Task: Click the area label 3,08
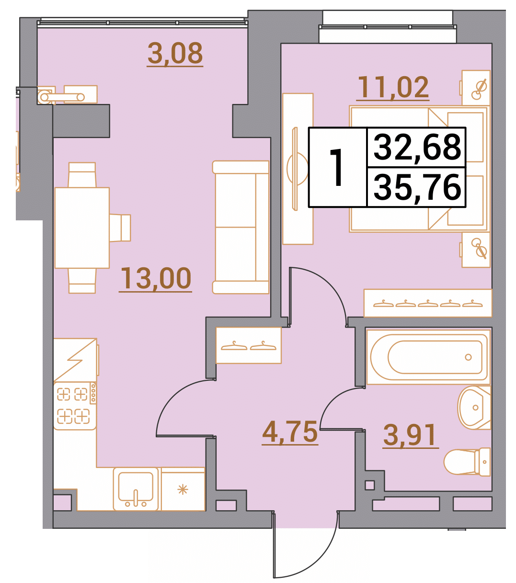coord(175,53)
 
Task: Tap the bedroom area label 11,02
coord(393,87)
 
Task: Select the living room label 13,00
coord(155,278)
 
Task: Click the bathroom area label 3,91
coord(411,435)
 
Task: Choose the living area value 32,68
coord(417,148)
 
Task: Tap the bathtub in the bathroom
coord(428,357)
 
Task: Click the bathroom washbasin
coord(474,408)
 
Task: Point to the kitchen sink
coord(136,489)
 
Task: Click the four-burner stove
coord(75,406)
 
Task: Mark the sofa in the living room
coord(241,228)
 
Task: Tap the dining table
coord(82,228)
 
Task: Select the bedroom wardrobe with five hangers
coord(428,303)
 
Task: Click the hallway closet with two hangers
coord(249,345)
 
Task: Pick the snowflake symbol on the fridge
coord(183,490)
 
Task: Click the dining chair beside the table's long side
coord(120,228)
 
